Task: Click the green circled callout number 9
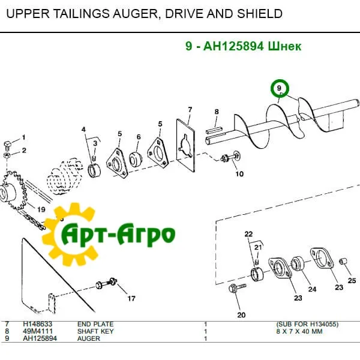[x=279, y=89]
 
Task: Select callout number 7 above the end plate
[x=190, y=110]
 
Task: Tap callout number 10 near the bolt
[x=239, y=175]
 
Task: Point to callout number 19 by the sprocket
[x=41, y=209]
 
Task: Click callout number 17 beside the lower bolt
[x=130, y=298]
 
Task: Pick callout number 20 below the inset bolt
[x=241, y=314]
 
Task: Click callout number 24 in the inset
[x=312, y=289]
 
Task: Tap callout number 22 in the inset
[x=248, y=233]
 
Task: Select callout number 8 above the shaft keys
[x=217, y=112]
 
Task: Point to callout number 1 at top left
[x=24, y=137]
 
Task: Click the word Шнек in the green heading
[x=283, y=46]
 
